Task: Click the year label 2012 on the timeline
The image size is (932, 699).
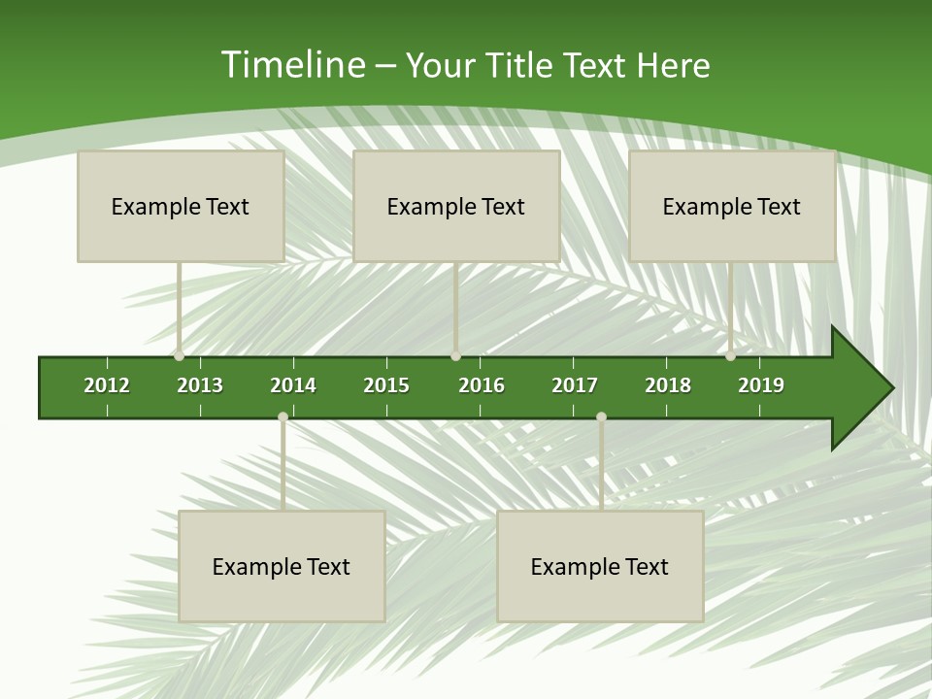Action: pyautogui.click(x=107, y=385)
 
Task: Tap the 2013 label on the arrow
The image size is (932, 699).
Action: pyautogui.click(x=200, y=385)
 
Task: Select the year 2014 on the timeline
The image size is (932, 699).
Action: pyautogui.click(x=293, y=385)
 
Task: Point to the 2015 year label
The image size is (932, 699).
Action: pyautogui.click(x=386, y=385)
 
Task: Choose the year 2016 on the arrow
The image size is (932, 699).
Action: pyautogui.click(x=482, y=385)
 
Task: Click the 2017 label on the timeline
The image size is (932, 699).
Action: pyautogui.click(x=575, y=385)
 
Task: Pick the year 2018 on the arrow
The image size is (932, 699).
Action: pyautogui.click(x=668, y=385)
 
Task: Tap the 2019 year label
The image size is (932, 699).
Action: pyautogui.click(x=761, y=385)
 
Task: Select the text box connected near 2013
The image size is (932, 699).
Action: pyautogui.click(x=181, y=207)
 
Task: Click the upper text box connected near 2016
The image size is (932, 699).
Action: pyautogui.click(x=456, y=207)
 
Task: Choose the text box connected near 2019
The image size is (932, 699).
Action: pyautogui.click(x=732, y=207)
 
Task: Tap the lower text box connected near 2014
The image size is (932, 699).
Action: pyautogui.click(x=282, y=567)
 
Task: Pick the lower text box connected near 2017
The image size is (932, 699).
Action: pyautogui.click(x=600, y=567)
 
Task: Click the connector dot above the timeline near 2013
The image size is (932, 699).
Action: pyautogui.click(x=179, y=355)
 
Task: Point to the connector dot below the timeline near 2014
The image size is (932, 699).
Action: pyautogui.click(x=283, y=417)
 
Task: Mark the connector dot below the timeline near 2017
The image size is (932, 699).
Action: pyautogui.click(x=601, y=417)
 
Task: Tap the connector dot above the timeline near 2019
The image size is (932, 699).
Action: pyautogui.click(x=730, y=355)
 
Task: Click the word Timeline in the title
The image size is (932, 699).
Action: pyautogui.click(x=292, y=65)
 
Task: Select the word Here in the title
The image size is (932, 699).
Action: pyautogui.click(x=673, y=65)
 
